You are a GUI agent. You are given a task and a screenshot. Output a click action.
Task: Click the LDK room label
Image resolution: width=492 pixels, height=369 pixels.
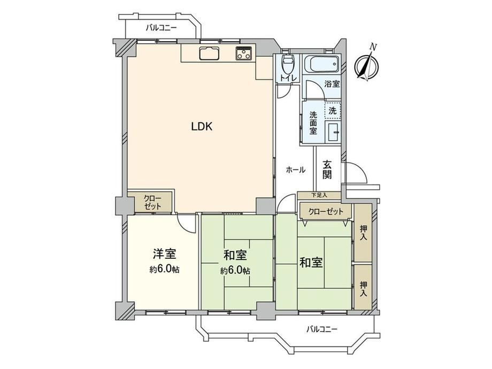pyautogui.click(x=202, y=126)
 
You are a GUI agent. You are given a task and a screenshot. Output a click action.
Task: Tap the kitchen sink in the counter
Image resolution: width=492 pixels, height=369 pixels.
pyautogui.click(x=209, y=53)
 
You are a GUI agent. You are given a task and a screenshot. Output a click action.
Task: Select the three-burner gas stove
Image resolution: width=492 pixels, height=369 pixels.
pyautogui.click(x=244, y=53)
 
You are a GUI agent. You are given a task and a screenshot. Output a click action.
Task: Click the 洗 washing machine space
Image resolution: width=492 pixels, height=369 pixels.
pyautogui.click(x=332, y=111)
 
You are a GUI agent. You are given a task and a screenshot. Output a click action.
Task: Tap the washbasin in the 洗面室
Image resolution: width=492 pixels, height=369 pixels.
pyautogui.click(x=333, y=132)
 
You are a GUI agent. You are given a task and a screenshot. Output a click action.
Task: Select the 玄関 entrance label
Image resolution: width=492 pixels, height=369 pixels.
pyautogui.click(x=327, y=170)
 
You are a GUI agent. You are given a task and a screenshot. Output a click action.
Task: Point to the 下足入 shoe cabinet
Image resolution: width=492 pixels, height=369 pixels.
pyautogui.click(x=319, y=195)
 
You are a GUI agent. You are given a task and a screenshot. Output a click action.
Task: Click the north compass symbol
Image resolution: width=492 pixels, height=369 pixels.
pyautogui.click(x=366, y=65)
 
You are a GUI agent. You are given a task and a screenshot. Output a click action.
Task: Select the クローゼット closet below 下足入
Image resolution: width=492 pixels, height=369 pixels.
pyautogui.click(x=326, y=211)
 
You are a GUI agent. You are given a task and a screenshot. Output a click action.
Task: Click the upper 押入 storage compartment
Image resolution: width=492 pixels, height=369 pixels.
pyautogui.click(x=363, y=233)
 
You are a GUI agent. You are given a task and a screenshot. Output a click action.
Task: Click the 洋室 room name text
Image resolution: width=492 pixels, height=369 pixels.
pyautogui.click(x=164, y=254)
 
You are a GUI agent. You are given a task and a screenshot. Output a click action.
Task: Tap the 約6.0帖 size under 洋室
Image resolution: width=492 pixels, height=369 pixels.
pyautogui.click(x=164, y=270)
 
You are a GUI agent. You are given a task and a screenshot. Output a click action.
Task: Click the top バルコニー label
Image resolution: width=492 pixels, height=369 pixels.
pyautogui.click(x=162, y=28)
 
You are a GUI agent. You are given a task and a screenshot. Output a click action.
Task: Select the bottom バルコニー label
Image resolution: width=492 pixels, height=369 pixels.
pyautogui.click(x=321, y=329)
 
